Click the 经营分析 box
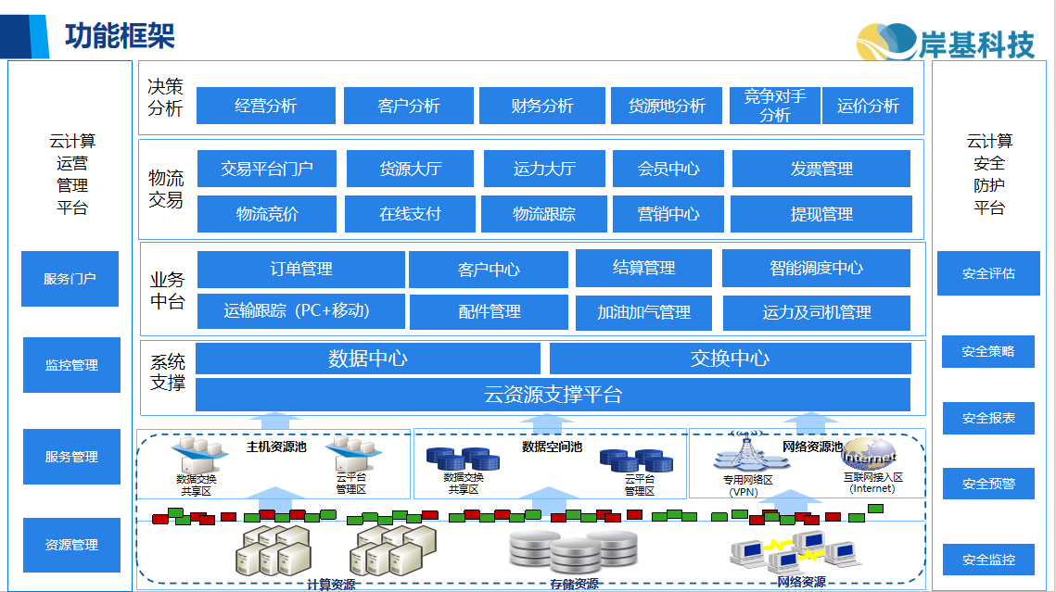click(x=266, y=106)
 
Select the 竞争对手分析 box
click(x=775, y=106)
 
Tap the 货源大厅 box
click(x=411, y=169)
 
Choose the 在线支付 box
click(x=410, y=214)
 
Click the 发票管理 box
click(x=821, y=169)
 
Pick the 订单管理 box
click(x=301, y=269)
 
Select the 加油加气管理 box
click(x=644, y=312)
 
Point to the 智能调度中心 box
click(x=816, y=269)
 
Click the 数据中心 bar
click(x=368, y=359)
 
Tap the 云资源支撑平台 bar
click(x=553, y=395)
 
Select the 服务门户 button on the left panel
click(x=70, y=278)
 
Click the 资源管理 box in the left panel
click(x=71, y=545)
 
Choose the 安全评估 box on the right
click(x=988, y=273)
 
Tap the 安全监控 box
click(x=988, y=560)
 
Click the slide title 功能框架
click(x=120, y=35)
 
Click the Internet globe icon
click(x=870, y=455)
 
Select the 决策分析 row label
click(x=166, y=97)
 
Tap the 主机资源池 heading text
click(x=276, y=447)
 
